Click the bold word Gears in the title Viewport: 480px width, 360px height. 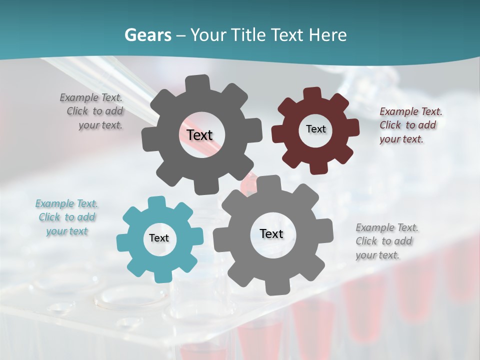point(147,35)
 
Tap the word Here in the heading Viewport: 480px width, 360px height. point(327,35)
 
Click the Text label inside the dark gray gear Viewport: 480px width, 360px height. point(199,135)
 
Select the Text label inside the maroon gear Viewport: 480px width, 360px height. point(315,129)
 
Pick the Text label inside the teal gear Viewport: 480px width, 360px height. point(159,238)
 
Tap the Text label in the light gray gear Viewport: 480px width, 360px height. point(271,234)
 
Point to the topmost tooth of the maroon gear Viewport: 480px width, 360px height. point(312,93)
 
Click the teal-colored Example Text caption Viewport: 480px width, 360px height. point(66,217)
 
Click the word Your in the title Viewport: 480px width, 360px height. point(210,35)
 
